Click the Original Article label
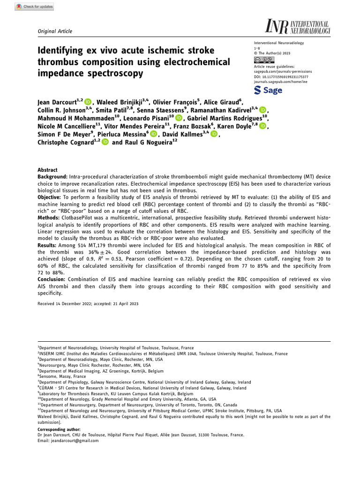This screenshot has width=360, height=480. pyautogui.click(x=54, y=31)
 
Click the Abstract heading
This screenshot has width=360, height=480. pyautogui.click(x=47, y=170)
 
